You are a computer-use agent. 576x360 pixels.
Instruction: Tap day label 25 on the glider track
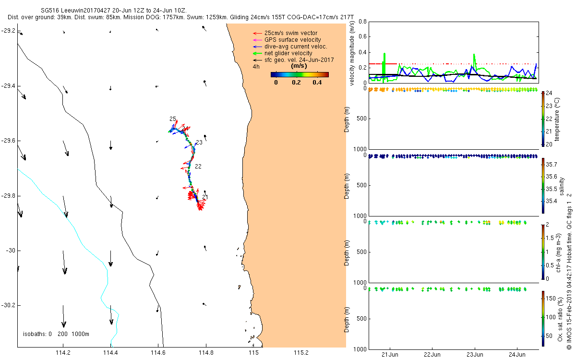(173, 119)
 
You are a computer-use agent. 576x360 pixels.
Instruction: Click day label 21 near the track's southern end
(205, 197)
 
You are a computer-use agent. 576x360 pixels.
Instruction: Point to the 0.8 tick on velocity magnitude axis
(362, 22)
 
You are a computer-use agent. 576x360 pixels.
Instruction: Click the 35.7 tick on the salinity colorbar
(551, 164)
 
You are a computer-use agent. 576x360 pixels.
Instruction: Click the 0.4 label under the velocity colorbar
(317, 82)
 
